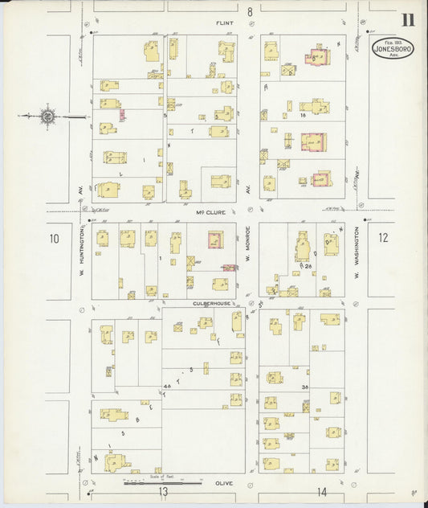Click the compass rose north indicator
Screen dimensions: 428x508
tap(48, 117)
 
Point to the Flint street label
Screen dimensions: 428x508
tap(225, 23)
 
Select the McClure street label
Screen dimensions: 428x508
tap(207, 212)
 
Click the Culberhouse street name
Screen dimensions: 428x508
tap(211, 303)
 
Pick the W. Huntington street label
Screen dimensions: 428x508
tap(82, 260)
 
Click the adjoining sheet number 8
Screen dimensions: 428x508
tap(250, 11)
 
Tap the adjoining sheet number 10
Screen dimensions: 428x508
tap(55, 238)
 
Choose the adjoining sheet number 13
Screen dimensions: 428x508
tap(163, 491)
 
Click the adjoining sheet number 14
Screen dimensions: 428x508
tap(321, 491)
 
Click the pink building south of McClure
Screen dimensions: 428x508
tap(214, 240)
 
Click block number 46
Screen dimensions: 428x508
tap(167, 387)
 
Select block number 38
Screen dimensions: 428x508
tap(305, 387)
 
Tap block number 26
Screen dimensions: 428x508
tap(308, 266)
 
